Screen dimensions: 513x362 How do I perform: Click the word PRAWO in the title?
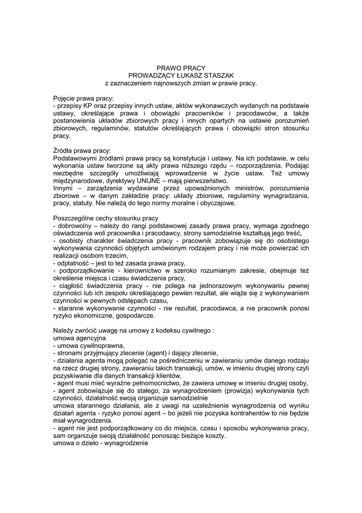(167, 68)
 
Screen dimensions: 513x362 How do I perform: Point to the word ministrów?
(209, 188)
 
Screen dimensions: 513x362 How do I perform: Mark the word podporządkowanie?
(85, 271)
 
